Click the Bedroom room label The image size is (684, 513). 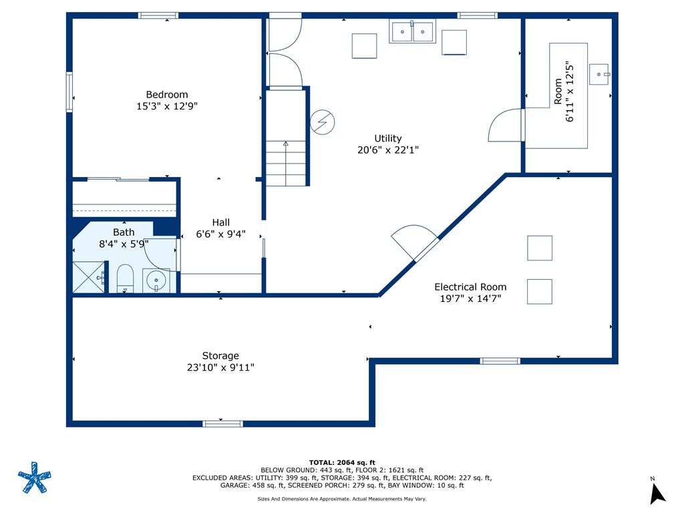click(x=166, y=95)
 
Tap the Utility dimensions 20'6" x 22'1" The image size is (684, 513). click(x=388, y=150)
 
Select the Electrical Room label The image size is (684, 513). click(x=470, y=287)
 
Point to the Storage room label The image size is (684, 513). click(x=220, y=356)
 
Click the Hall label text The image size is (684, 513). click(x=220, y=222)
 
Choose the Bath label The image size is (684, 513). click(x=124, y=232)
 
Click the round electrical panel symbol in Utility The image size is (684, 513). click(x=323, y=122)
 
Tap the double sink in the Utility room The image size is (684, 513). click(x=412, y=31)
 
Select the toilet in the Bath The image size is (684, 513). click(x=125, y=278)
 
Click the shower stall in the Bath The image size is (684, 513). click(x=89, y=277)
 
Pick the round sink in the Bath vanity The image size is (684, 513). click(x=156, y=280)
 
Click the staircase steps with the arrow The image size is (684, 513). click(x=286, y=163)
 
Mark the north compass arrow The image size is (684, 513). click(x=657, y=494)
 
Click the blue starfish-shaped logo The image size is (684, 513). click(x=35, y=477)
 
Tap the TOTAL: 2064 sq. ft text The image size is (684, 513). click(x=342, y=462)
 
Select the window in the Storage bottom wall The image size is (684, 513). click(x=222, y=423)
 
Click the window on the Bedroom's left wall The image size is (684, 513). click(x=69, y=92)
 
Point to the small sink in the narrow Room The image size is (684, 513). click(x=599, y=74)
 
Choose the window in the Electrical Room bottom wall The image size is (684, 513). click(x=500, y=361)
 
